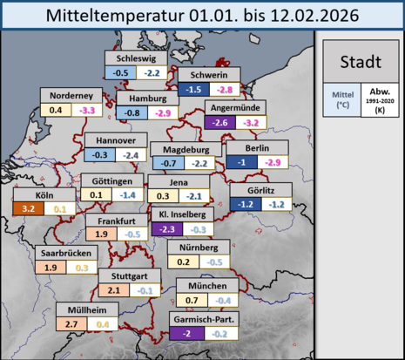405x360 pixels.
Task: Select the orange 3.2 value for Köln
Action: click(x=51, y=209)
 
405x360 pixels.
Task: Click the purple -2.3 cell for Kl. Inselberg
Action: click(x=166, y=229)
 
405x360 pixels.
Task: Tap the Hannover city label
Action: click(x=116, y=140)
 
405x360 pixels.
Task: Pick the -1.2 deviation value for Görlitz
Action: click(x=253, y=204)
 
